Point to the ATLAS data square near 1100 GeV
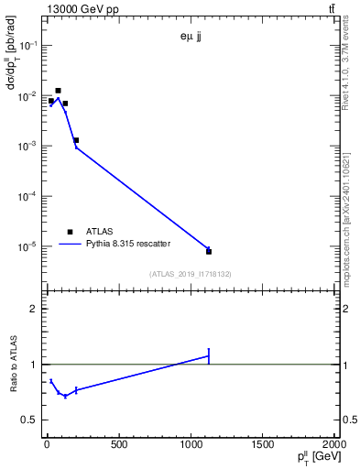point(209,251)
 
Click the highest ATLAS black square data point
point(58,91)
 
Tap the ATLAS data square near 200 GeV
point(76,140)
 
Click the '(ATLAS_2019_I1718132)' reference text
point(189,274)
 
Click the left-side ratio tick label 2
point(34,309)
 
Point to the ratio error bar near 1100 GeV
point(209,356)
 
